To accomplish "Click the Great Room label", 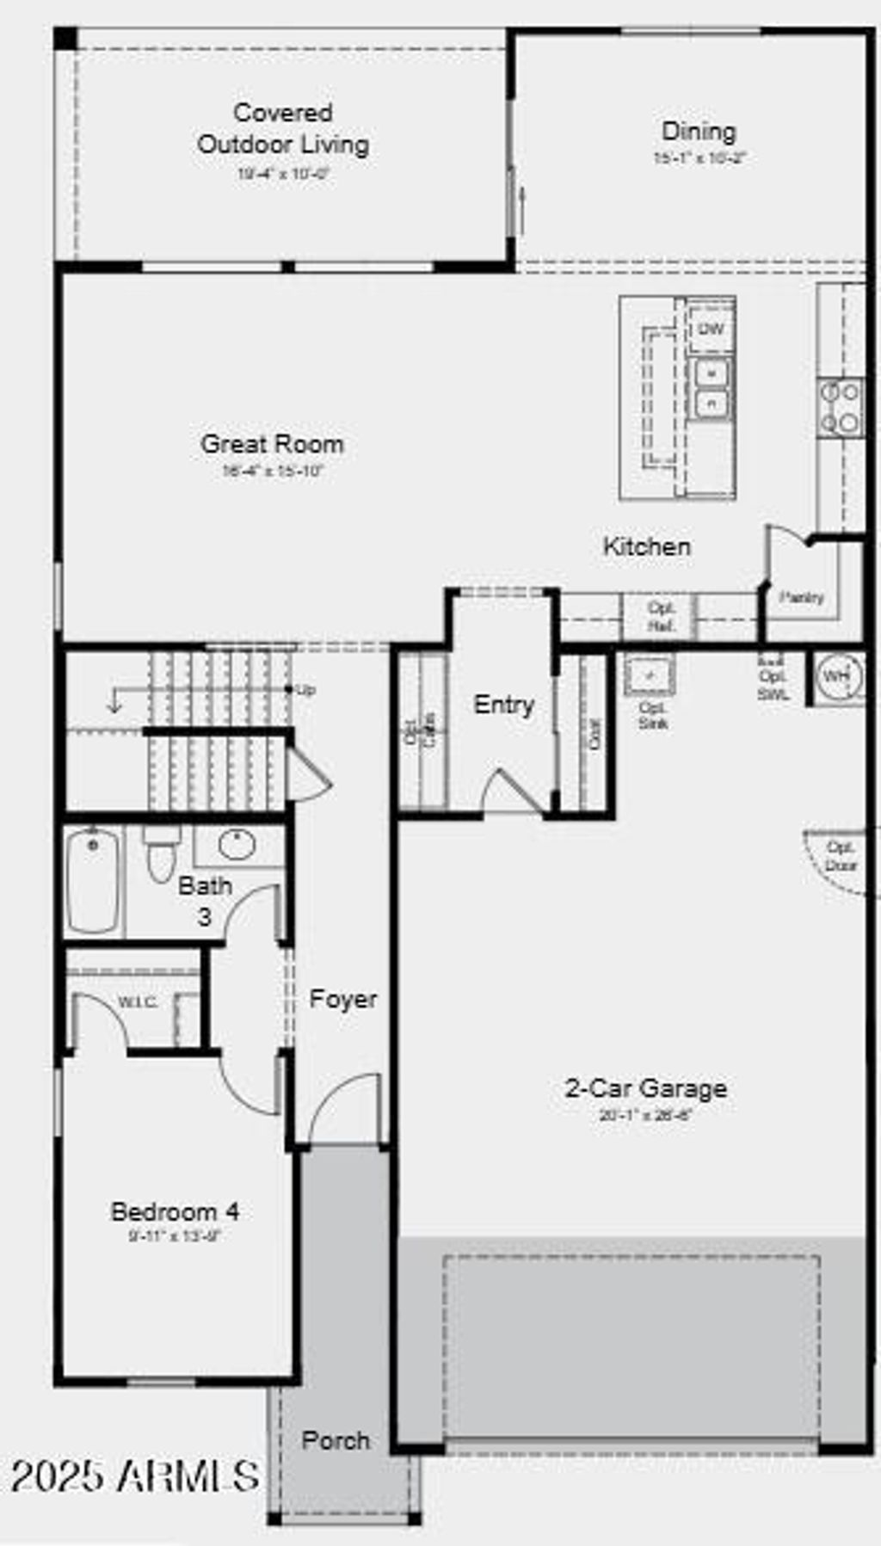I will (272, 444).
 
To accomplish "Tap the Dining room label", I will (699, 132).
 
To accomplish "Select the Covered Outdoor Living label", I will (283, 128).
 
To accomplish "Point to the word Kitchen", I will (646, 546).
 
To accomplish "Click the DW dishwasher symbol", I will (711, 330).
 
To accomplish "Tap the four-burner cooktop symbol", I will (841, 407).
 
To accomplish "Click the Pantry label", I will (801, 597).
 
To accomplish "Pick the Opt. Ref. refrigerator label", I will (661, 617).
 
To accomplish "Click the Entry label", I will (504, 705).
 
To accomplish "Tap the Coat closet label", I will (595, 734).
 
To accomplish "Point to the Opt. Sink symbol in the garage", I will (650, 675).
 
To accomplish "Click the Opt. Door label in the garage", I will (840, 856).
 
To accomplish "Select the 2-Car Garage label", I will (645, 1088).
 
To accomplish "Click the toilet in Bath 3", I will (160, 852).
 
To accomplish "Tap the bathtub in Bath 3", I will (92, 879).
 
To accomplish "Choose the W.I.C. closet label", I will (138, 1002).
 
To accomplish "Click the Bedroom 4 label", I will (175, 1212).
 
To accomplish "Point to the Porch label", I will (336, 1440).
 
